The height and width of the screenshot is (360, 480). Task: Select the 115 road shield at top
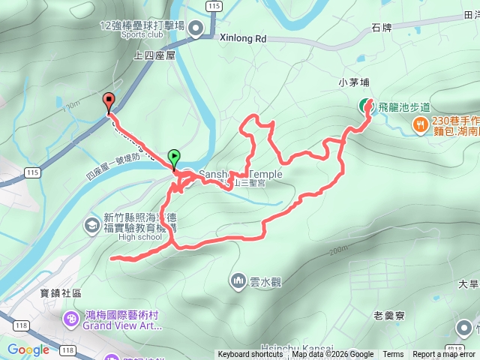(215, 5)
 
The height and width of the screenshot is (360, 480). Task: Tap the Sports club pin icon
(196, 29)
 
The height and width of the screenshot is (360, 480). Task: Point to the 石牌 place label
(381, 28)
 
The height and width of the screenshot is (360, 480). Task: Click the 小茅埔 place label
(353, 82)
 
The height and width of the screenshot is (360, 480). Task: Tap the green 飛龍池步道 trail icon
(365, 106)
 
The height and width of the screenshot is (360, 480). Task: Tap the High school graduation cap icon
(91, 224)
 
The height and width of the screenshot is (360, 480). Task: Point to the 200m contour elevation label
(339, 250)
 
